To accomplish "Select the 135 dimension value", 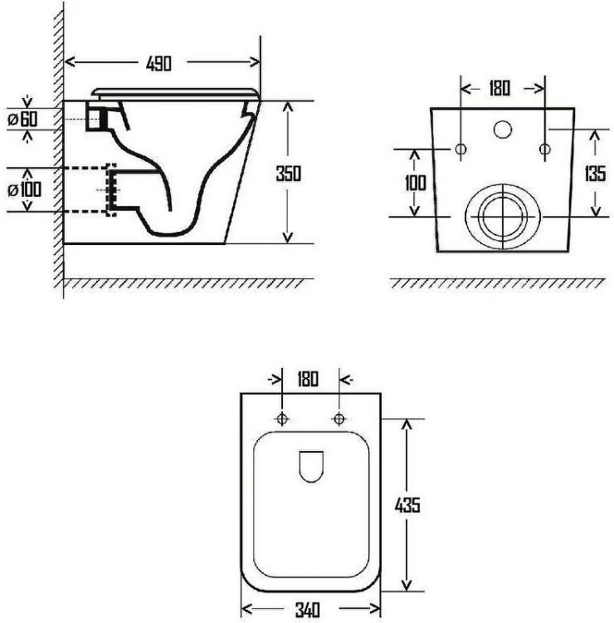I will point(594,174).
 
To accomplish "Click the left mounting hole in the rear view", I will point(461,149).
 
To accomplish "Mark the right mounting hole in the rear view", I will point(544,149).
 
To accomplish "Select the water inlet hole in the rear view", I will point(503,129).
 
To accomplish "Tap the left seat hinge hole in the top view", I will point(282,418).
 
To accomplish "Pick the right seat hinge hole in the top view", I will point(339,418).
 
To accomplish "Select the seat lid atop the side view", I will point(174,91).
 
